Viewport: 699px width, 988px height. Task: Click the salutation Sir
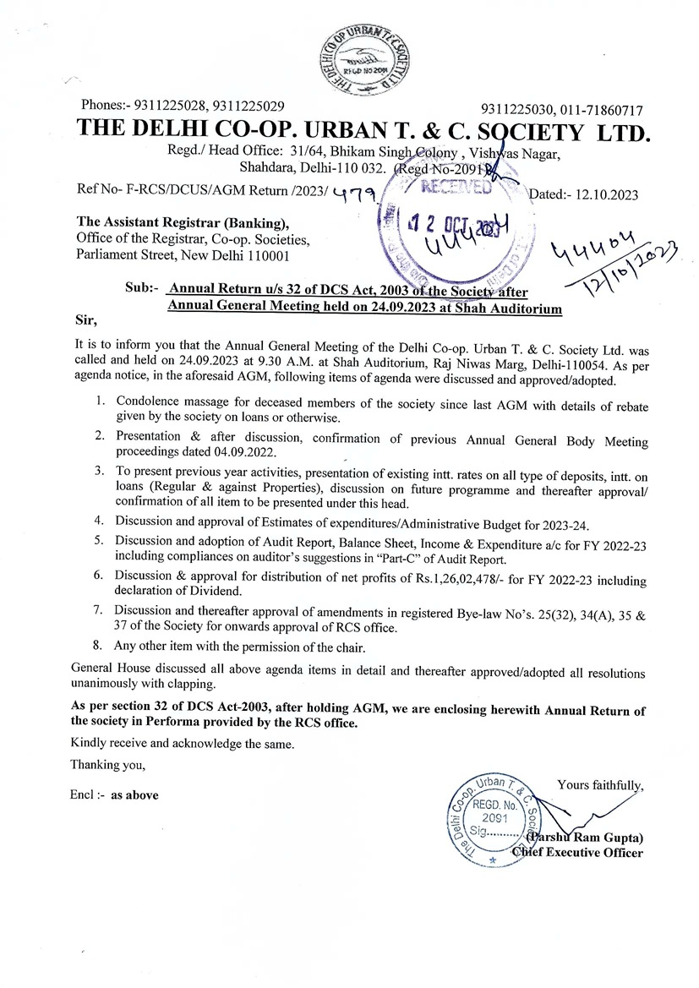pos(86,320)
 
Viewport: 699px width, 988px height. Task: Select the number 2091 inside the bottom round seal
pos(494,819)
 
